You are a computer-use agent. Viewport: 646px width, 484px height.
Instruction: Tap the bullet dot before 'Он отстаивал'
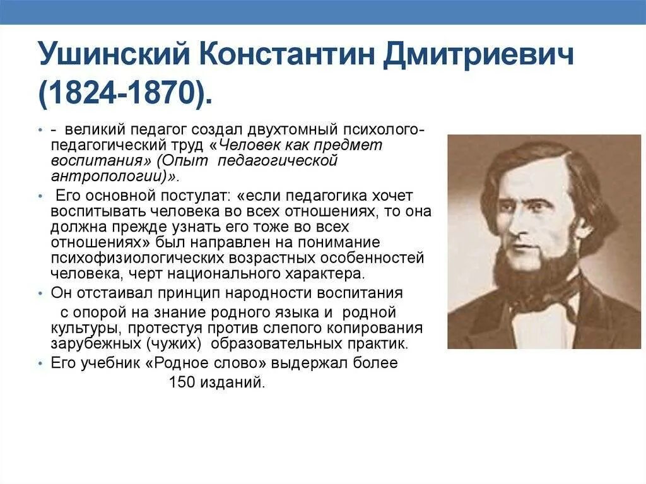click(x=40, y=295)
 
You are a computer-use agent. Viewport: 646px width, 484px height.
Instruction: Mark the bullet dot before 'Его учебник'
click(x=40, y=365)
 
